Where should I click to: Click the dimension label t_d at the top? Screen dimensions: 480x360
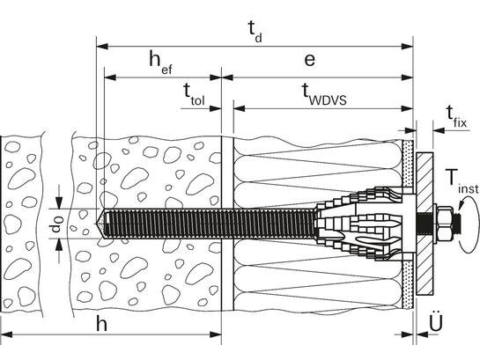(x=255, y=33)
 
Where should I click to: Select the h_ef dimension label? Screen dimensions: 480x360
(x=160, y=62)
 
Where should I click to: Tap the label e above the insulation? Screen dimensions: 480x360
(x=309, y=60)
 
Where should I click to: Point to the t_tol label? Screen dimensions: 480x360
(x=194, y=95)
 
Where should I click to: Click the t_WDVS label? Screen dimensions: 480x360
(x=324, y=94)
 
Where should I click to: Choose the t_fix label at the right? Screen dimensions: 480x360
(x=457, y=116)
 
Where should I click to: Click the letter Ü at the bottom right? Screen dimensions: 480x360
(x=436, y=321)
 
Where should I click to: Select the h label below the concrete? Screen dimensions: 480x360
(x=101, y=324)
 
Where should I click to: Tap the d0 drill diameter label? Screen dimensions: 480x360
(x=57, y=224)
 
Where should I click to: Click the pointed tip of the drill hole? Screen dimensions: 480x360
(x=98, y=224)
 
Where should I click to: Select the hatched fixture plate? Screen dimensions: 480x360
(x=425, y=224)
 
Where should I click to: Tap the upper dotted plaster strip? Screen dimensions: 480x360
(x=408, y=164)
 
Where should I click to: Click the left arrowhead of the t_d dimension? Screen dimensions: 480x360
(x=102, y=47)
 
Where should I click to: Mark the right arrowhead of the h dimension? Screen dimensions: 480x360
(x=215, y=334)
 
